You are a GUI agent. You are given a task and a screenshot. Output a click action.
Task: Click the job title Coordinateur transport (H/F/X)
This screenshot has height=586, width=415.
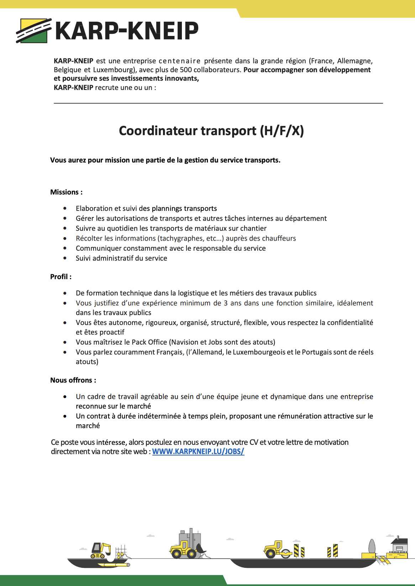211,131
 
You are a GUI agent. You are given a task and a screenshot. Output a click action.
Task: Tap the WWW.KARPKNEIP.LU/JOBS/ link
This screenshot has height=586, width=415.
198,452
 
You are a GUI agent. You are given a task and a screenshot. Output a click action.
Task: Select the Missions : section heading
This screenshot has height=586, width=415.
67,192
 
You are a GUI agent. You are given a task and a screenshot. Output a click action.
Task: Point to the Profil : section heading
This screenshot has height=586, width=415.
61,277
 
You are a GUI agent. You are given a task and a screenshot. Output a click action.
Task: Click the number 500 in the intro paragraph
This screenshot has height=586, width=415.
186,70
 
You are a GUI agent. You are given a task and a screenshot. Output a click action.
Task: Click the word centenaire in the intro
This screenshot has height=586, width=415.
179,61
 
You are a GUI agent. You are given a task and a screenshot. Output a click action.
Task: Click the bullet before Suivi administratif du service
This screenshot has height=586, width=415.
65,259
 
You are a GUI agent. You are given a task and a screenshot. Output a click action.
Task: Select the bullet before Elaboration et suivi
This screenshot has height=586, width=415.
65,209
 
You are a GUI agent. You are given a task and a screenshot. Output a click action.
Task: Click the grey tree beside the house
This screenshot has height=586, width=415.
372,546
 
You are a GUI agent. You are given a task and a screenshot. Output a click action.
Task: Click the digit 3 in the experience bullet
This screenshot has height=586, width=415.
226,303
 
